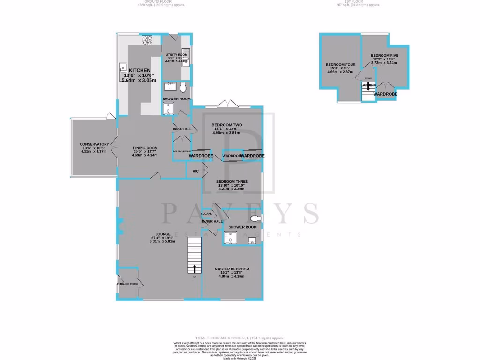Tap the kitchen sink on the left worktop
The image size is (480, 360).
[x=123, y=68]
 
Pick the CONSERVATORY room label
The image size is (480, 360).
[x=94, y=144]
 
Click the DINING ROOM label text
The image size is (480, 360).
[x=145, y=148]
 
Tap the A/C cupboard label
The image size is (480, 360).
[x=195, y=171]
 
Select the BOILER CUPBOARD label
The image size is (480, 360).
[x=182, y=151]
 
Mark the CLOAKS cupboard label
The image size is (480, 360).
[x=207, y=213]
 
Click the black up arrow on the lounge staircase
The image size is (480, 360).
[x=195, y=269]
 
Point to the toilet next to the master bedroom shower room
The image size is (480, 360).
[x=255, y=219]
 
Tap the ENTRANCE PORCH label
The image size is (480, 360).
[x=127, y=284]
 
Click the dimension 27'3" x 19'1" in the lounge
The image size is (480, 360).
[x=162, y=237]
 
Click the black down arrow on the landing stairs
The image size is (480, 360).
[x=368, y=86]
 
